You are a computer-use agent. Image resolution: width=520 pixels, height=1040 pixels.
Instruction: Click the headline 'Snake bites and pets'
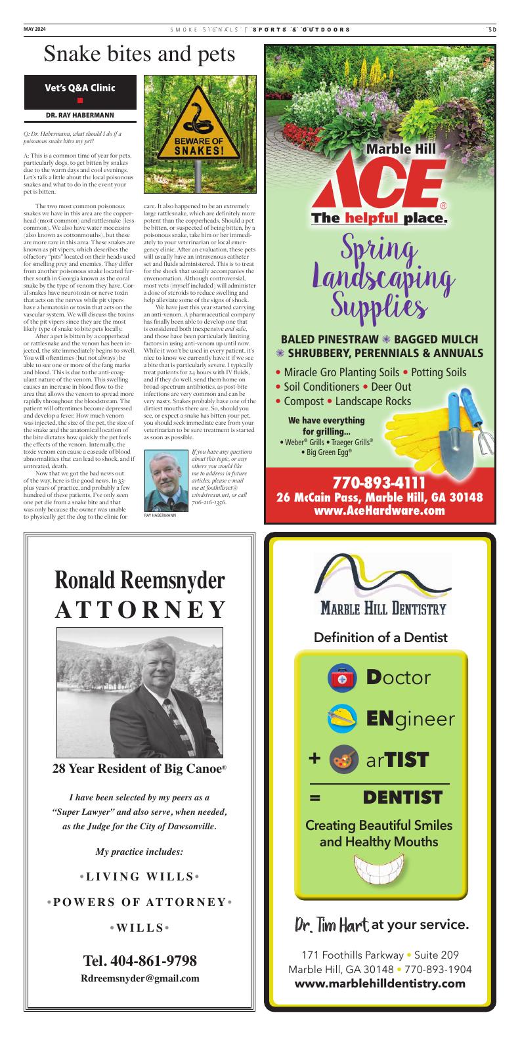(139, 55)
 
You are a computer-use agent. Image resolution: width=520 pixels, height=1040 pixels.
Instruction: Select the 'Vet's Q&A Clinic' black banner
(80, 91)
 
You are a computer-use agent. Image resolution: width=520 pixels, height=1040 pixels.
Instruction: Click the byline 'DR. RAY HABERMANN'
(80, 115)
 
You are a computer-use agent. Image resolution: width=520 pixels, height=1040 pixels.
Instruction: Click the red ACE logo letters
(379, 184)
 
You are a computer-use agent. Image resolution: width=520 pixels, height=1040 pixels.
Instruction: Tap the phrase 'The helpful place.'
(379, 217)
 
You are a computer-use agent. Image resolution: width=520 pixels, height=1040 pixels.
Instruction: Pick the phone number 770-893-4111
(379, 485)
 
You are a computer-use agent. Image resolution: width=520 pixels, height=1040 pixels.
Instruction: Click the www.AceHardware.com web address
(379, 511)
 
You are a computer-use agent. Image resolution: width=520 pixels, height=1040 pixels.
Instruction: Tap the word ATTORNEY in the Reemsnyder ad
(141, 609)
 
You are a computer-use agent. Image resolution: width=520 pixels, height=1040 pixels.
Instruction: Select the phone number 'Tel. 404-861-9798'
(140, 961)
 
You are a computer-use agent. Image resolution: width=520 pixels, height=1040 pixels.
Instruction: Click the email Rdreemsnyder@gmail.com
(140, 978)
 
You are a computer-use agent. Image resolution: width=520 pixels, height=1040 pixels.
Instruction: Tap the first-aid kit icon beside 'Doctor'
(341, 678)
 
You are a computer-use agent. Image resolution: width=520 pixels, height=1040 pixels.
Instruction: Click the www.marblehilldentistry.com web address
(379, 983)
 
